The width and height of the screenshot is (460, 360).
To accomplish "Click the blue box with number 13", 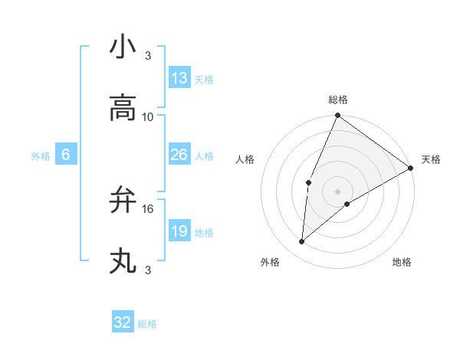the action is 179,78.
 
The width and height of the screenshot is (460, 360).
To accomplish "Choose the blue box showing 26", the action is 179,155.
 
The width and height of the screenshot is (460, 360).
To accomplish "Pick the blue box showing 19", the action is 179,231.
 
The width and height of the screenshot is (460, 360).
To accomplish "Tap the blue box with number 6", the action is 66,155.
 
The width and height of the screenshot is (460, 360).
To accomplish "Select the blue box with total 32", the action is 123,322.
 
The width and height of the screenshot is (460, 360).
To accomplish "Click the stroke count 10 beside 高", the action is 148,116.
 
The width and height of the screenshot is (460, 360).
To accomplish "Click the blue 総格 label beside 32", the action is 147,324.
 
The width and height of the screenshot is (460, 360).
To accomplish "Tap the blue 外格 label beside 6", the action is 41,156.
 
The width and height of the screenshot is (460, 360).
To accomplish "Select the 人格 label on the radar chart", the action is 245,159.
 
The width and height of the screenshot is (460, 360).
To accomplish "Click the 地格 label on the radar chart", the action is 402,262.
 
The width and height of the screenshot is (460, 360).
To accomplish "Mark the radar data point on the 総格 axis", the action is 337,116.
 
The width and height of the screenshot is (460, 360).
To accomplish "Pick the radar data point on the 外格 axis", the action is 302,242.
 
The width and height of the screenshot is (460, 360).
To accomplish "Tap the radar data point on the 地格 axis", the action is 347,204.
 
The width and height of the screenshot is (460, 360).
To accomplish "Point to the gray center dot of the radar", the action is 337,191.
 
